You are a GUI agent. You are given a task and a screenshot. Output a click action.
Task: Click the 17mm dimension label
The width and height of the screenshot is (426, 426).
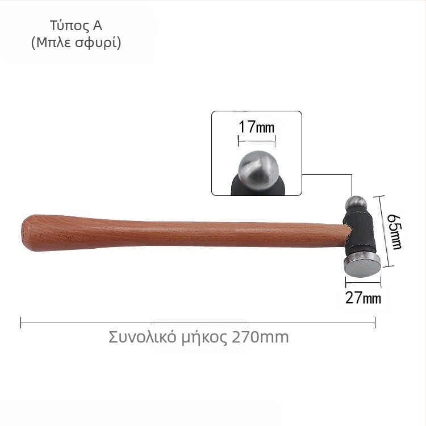tap(257, 127)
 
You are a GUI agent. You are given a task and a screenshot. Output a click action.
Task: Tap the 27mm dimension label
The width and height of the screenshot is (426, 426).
tap(363, 298)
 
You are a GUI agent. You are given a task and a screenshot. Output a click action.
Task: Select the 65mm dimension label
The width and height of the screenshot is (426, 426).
tap(395, 232)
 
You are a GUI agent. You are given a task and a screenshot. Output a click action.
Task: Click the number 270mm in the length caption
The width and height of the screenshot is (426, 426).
tap(260, 337)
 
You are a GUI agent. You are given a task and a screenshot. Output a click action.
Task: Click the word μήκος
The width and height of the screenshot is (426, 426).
tap(204, 338)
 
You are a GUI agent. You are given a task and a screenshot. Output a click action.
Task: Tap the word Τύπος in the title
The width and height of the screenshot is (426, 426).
tap(69, 26)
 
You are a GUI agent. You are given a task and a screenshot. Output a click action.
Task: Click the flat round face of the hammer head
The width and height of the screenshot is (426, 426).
tap(362, 266)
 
